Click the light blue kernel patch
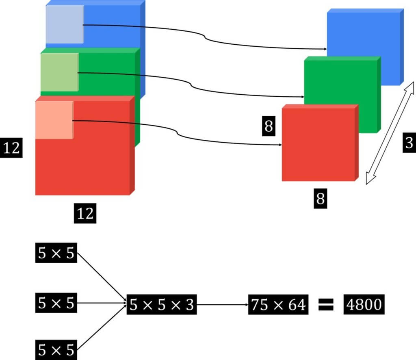tap(65, 24)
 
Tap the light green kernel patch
tap(59, 72)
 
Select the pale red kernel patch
tap(54, 120)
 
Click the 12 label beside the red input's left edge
tap(11, 148)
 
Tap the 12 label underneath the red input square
tap(85, 213)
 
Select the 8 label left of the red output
tap(269, 126)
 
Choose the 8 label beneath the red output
tap(321, 199)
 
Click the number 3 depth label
tap(409, 143)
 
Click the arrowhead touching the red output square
tap(280, 145)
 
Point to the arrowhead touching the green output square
tap(302, 97)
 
